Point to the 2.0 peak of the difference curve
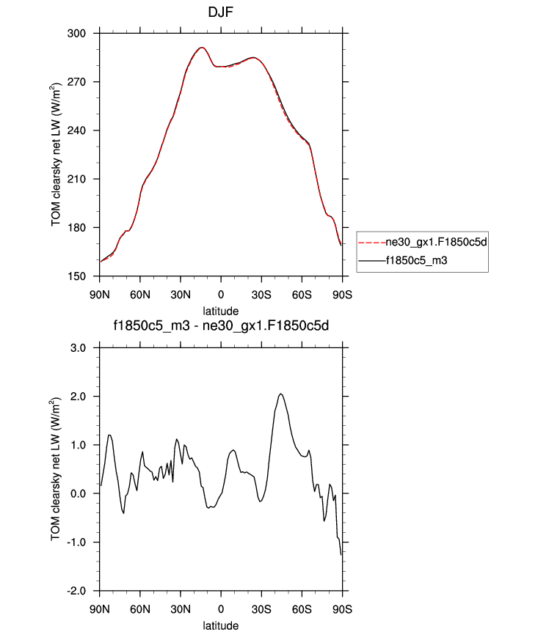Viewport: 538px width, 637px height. (280, 394)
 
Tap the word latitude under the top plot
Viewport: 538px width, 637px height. (221, 312)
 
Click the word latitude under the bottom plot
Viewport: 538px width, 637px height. (221, 626)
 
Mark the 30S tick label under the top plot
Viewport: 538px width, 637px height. (262, 295)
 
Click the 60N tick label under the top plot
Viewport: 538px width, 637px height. (140, 295)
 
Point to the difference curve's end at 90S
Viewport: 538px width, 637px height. (341, 555)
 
